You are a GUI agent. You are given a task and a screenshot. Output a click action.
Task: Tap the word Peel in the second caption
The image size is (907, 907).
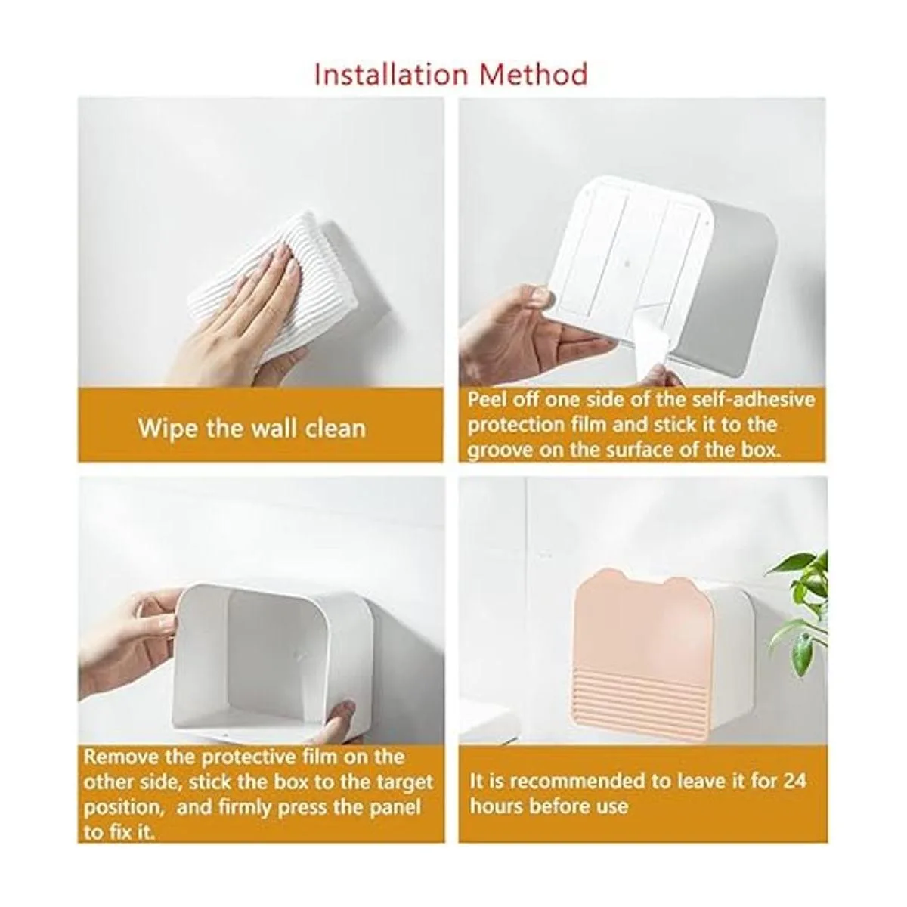(487, 400)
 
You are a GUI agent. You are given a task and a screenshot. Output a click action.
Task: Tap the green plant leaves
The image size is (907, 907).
(800, 612)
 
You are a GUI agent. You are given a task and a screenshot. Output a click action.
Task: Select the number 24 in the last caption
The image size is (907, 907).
(794, 782)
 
